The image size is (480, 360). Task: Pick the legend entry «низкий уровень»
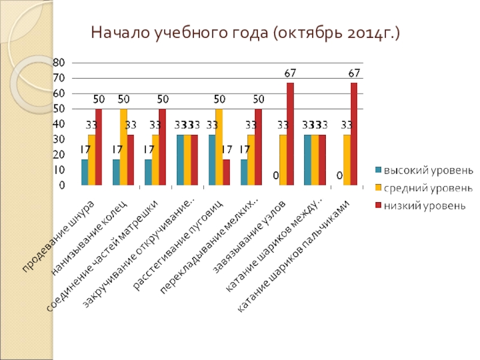pos(420,206)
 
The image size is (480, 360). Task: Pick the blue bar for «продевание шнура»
pos(85,172)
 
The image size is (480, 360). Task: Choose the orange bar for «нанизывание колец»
pos(124,147)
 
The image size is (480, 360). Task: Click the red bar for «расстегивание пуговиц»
pos(226,172)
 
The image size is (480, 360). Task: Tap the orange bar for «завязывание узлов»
pos(283,160)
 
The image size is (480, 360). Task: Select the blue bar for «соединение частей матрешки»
pos(148,172)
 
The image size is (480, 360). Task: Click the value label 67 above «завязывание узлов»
pos(290,73)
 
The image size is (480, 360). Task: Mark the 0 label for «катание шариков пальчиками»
pos(340,176)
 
